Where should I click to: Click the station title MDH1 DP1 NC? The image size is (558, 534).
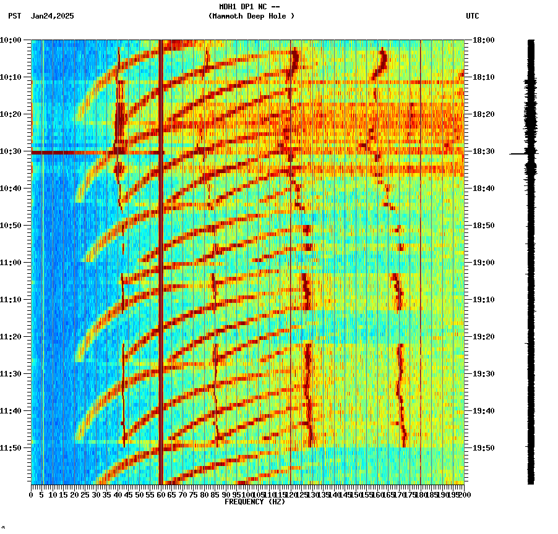[249, 7]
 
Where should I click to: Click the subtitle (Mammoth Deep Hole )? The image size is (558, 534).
[251, 16]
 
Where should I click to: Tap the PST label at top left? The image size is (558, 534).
[15, 16]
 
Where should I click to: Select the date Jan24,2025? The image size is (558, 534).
[52, 16]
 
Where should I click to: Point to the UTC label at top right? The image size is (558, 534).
[472, 16]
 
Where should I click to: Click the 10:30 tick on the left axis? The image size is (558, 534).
[11, 151]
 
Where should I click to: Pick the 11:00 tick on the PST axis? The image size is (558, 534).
[11, 262]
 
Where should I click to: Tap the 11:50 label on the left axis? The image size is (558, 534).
[11, 447]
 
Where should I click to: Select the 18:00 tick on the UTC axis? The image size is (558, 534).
[484, 40]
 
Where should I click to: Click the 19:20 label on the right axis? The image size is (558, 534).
[484, 336]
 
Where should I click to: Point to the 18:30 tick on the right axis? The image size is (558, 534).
[484, 151]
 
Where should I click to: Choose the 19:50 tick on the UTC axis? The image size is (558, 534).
[484, 447]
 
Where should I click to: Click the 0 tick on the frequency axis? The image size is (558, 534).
[32, 494]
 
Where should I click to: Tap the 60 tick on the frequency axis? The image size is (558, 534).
[161, 494]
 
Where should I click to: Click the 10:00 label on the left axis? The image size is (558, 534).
[11, 40]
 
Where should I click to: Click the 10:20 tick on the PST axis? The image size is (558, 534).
[11, 114]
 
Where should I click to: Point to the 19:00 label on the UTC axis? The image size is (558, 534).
[484, 262]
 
